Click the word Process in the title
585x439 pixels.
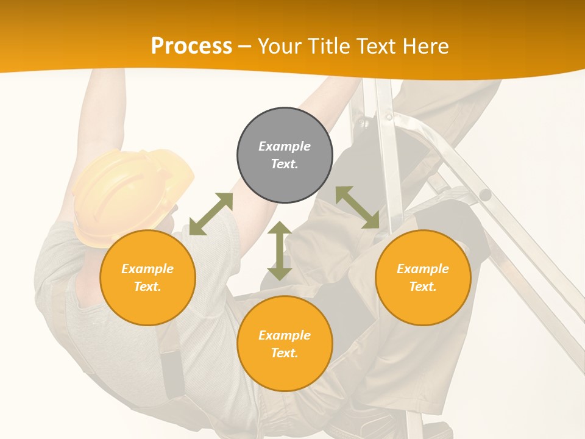pos(191,46)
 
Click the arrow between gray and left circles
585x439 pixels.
pos(211,214)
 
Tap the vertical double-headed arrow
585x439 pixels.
pos(280,251)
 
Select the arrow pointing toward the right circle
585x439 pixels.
pos(358,207)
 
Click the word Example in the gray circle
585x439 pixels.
pos(285,146)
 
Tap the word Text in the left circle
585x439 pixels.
pos(147,287)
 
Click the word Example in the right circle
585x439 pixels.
pos(423,269)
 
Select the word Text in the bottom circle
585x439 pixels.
pos(285,353)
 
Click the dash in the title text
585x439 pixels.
pos(244,47)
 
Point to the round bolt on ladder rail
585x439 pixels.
pos(485,195)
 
